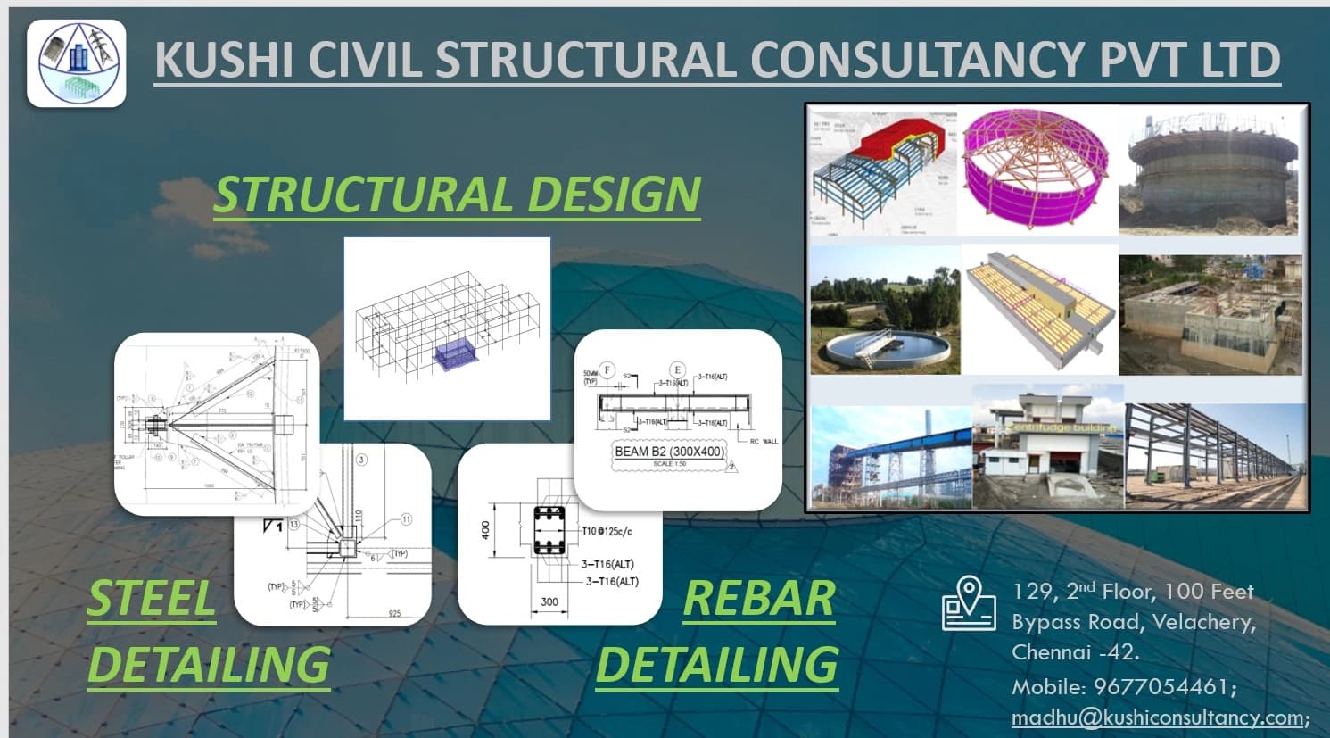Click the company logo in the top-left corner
click(x=76, y=63)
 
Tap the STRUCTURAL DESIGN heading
click(x=457, y=195)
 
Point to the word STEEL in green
click(x=152, y=598)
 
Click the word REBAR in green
click(x=758, y=598)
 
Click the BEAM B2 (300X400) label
click(x=669, y=452)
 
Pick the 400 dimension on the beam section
click(x=485, y=531)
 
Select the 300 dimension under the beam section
click(x=549, y=601)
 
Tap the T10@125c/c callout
click(x=607, y=532)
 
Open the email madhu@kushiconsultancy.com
click(x=1157, y=717)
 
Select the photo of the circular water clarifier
click(x=884, y=310)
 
